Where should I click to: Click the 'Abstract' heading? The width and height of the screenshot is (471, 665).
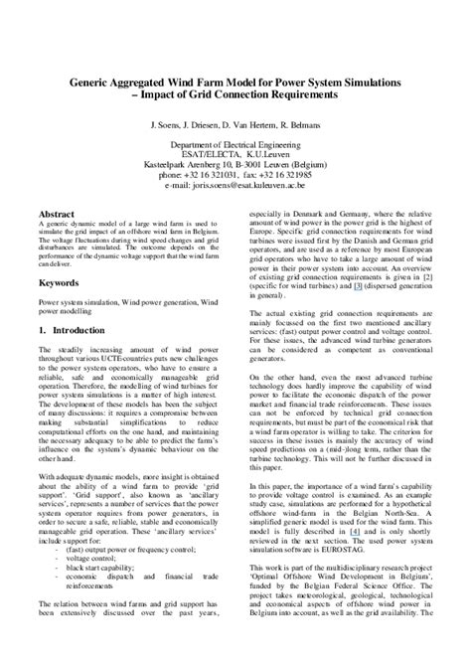[x=58, y=214]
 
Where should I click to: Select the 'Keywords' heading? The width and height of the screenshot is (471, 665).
[x=62, y=282]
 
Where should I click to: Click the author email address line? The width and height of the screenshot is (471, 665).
[x=235, y=184]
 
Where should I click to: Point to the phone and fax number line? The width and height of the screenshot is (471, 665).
[x=235, y=174]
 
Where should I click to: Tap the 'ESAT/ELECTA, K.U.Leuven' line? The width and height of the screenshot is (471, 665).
[x=235, y=155]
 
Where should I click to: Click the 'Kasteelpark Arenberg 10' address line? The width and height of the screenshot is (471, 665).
[x=235, y=165]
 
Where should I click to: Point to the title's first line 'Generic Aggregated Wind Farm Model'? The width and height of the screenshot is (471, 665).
[x=235, y=83]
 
